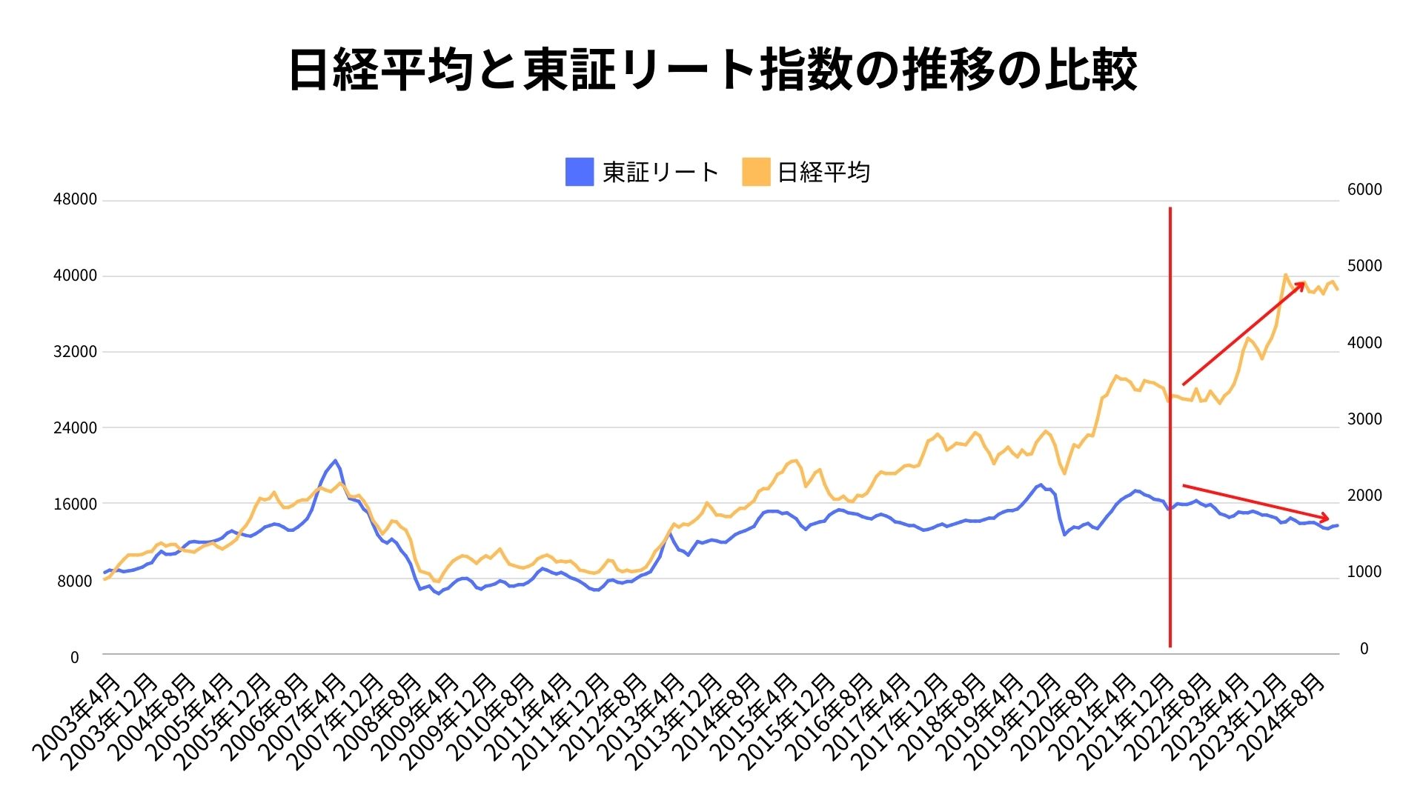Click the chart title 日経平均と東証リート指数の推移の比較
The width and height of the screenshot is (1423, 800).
[711, 70]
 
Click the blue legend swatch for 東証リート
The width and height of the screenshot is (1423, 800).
[579, 172]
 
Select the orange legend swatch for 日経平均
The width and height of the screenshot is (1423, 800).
[756, 172]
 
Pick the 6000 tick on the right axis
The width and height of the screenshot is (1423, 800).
[1364, 190]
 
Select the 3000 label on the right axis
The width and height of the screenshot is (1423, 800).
[1364, 419]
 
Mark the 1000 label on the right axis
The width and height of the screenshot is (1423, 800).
[1364, 572]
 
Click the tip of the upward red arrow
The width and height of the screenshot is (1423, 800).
[1304, 282]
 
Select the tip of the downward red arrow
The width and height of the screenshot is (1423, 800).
[1329, 518]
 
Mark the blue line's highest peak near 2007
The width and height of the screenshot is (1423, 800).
[335, 460]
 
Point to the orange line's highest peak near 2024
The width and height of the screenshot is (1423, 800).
[1285, 275]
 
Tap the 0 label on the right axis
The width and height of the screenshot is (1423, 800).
[1364, 649]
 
